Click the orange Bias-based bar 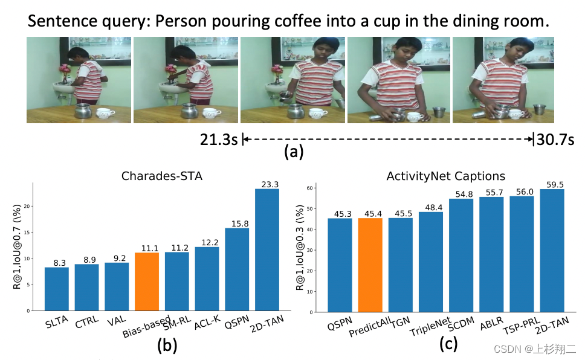coord(146,281)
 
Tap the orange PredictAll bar coord(369,265)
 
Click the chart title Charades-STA coord(163,177)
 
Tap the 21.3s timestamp coord(219,140)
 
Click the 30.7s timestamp coord(555,140)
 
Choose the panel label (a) coord(294,152)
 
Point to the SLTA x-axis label coord(56,321)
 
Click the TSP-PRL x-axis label coord(520,325)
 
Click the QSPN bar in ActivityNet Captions coord(339,265)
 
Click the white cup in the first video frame coord(106,113)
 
